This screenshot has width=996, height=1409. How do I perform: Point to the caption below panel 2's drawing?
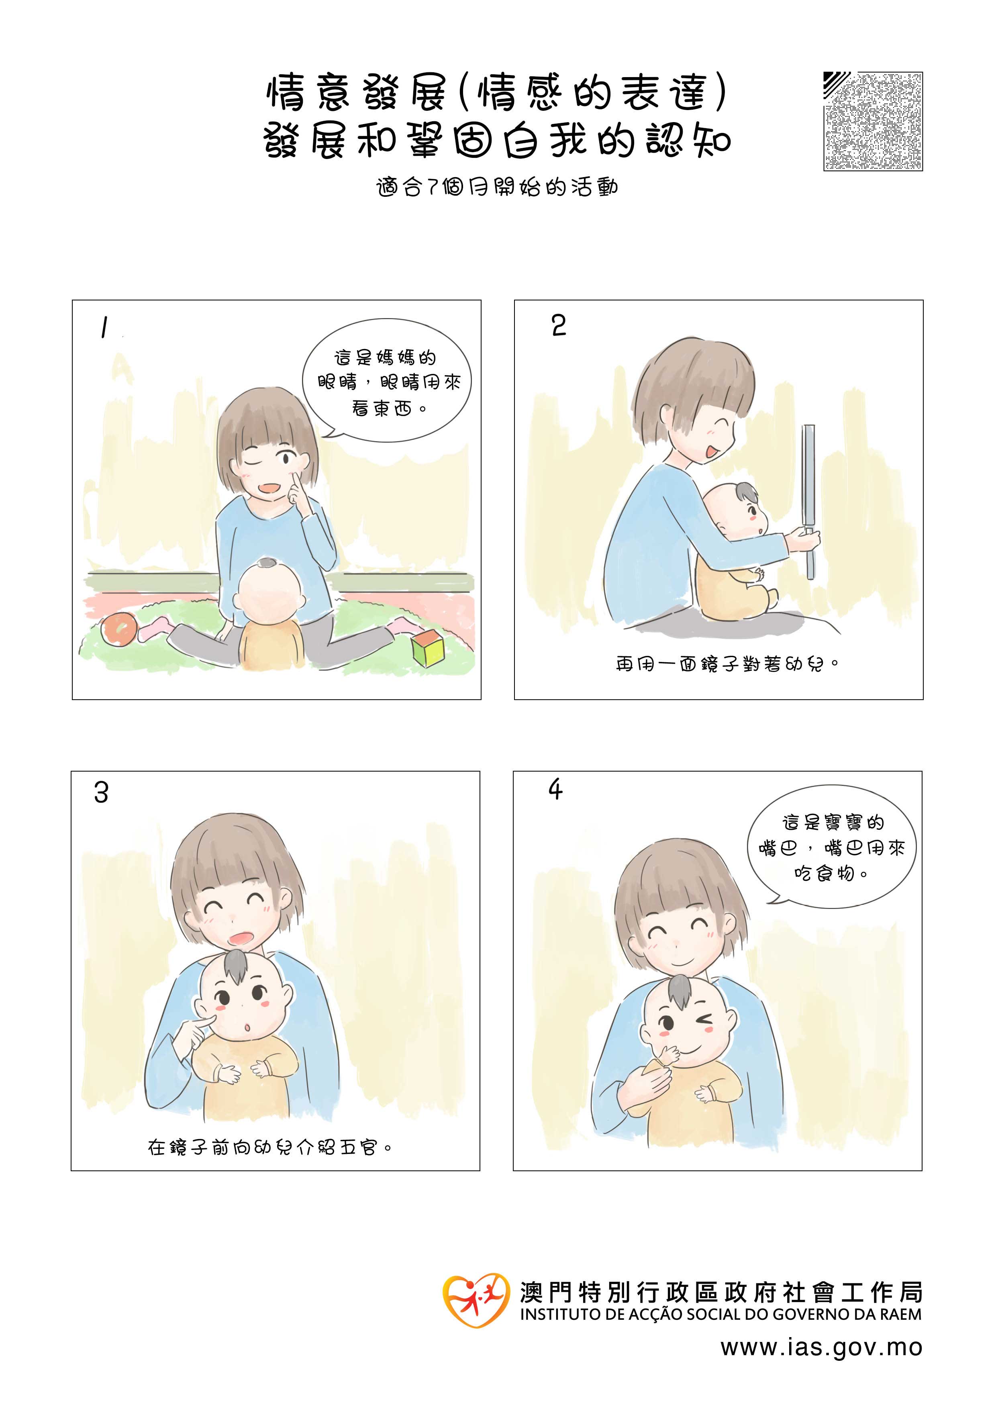point(727,664)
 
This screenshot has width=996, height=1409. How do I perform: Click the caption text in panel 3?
point(269,1147)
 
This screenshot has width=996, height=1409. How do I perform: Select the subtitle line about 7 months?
point(497,187)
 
